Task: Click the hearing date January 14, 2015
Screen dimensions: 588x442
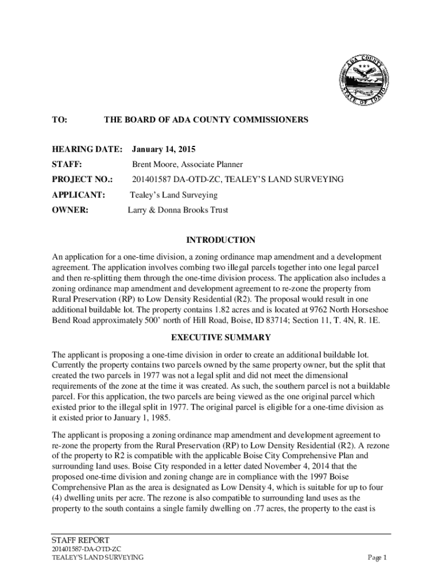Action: point(164,149)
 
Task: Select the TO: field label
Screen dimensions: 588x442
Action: point(59,119)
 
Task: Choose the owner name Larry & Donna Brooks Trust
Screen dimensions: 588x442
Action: point(177,210)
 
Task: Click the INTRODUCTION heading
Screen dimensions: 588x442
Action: point(221,240)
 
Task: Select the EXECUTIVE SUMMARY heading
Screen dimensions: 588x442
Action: point(221,338)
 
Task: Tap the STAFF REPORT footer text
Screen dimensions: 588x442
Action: point(80,540)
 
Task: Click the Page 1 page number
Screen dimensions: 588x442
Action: point(378,558)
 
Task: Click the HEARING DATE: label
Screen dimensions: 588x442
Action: point(87,149)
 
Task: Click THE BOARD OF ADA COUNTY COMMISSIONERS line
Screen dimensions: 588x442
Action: point(206,119)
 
